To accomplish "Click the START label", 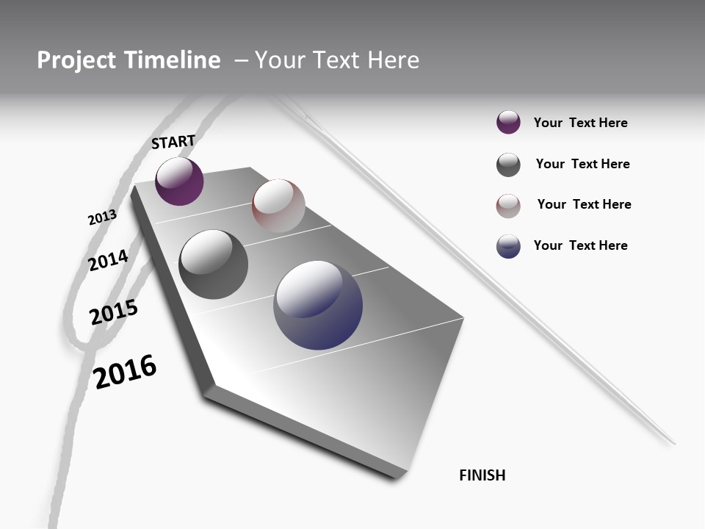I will (173, 142).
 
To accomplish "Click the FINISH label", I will (482, 475).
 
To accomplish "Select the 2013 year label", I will (102, 217).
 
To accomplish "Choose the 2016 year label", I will (125, 372).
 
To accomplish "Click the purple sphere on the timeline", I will (179, 181).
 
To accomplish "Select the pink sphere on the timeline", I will (278, 206).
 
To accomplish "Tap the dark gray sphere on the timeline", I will (213, 264).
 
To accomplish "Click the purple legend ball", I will (508, 123).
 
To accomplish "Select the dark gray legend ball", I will (508, 165).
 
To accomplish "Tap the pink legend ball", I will (508, 206).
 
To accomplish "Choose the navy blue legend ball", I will (508, 246).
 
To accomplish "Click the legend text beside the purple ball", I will (580, 123).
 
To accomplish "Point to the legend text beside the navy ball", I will (580, 245).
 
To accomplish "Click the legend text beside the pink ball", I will (584, 204).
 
